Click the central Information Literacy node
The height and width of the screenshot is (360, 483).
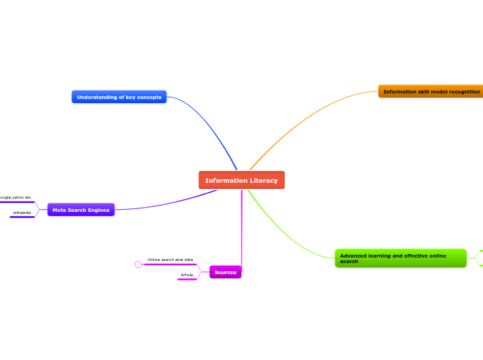click(241, 180)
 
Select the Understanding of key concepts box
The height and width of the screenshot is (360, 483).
click(118, 97)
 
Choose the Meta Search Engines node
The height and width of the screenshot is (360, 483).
click(80, 210)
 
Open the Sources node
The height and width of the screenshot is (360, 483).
click(225, 272)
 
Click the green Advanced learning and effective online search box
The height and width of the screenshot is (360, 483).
click(400, 258)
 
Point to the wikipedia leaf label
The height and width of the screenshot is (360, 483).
click(22, 213)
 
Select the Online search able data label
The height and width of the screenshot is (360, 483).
click(170, 260)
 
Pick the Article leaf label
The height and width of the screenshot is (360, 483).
click(187, 275)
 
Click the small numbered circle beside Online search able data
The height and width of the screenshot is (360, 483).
click(138, 264)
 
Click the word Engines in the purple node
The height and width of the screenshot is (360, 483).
click(98, 210)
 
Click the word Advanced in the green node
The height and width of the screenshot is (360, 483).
click(353, 255)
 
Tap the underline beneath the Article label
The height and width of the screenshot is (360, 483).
click(187, 280)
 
